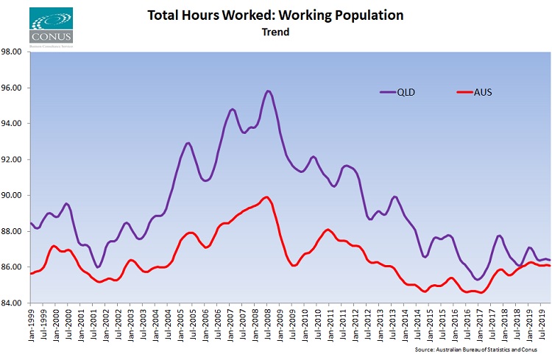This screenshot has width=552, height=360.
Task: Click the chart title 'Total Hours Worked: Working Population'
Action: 275,15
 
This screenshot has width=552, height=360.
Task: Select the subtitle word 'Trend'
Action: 275,32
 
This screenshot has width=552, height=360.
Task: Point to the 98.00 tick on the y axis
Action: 15,52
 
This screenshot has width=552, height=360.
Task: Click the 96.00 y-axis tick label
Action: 15,88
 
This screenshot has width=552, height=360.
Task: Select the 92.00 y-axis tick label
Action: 15,160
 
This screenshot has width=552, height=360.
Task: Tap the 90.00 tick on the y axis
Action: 15,195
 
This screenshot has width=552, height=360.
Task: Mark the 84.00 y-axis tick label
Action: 15,303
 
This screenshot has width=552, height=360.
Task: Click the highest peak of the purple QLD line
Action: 268,91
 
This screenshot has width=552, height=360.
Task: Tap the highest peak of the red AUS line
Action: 266,197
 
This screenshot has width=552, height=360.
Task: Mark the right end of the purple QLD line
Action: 550,260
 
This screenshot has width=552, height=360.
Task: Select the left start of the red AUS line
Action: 30,273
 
